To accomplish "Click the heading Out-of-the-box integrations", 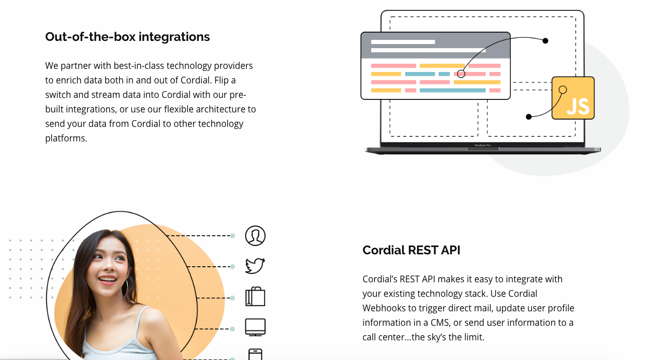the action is pyautogui.click(x=127, y=37).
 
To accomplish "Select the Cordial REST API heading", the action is pyautogui.click(x=411, y=250).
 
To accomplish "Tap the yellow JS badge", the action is pyautogui.click(x=573, y=98).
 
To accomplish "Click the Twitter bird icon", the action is pyautogui.click(x=255, y=266).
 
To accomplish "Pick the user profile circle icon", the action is pyautogui.click(x=255, y=236).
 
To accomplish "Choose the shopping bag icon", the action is pyautogui.click(x=255, y=296).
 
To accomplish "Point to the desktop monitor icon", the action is pyautogui.click(x=255, y=327).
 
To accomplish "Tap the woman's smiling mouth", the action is pyautogui.click(x=107, y=279).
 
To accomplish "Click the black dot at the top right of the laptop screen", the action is pyautogui.click(x=545, y=41).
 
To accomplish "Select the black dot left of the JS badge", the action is pyautogui.click(x=529, y=117).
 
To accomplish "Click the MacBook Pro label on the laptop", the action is pyautogui.click(x=482, y=145).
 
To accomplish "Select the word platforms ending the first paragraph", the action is pyautogui.click(x=66, y=138).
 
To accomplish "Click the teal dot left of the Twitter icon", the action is pyautogui.click(x=232, y=267).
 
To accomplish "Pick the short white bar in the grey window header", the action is pyautogui.click(x=403, y=42).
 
